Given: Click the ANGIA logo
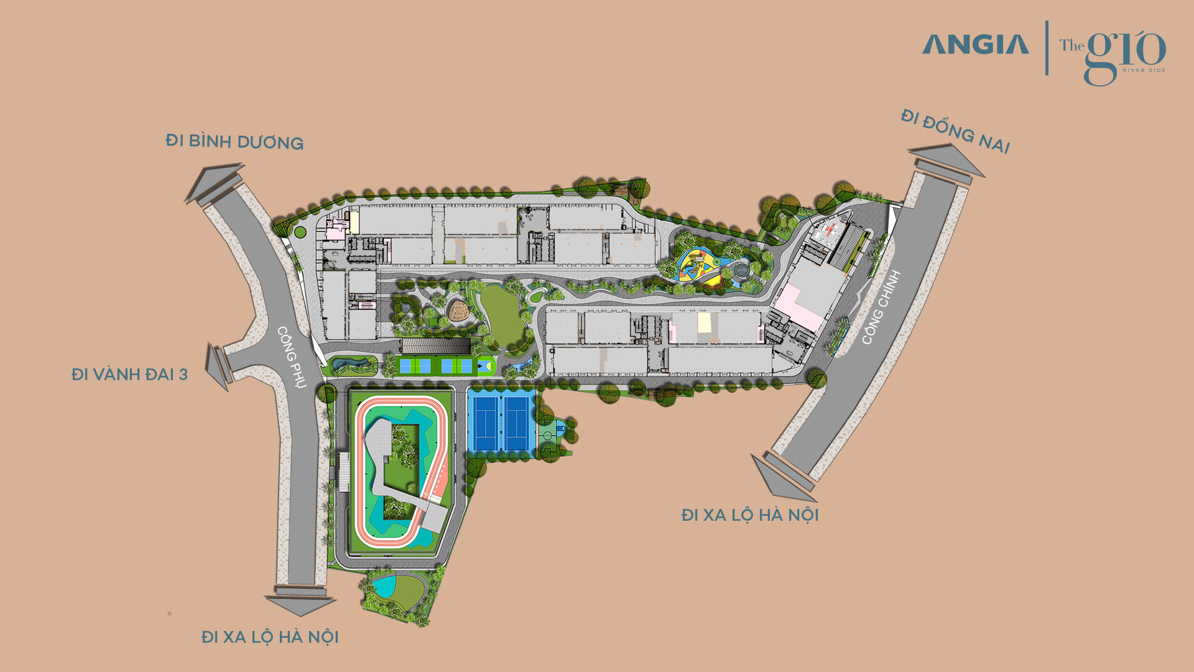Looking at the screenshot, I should click(975, 45).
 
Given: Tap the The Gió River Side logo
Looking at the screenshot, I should click(1113, 55).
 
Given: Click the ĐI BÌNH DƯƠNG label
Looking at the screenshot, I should click(234, 142).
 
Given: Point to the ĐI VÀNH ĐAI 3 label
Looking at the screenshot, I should click(129, 375).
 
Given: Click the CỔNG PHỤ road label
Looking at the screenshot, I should click(292, 357).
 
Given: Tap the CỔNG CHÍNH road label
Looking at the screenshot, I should click(881, 307).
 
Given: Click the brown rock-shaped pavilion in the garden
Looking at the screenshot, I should click(459, 311).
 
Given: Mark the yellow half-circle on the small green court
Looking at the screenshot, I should click(489, 366).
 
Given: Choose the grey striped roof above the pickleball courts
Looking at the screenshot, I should click(435, 346).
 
